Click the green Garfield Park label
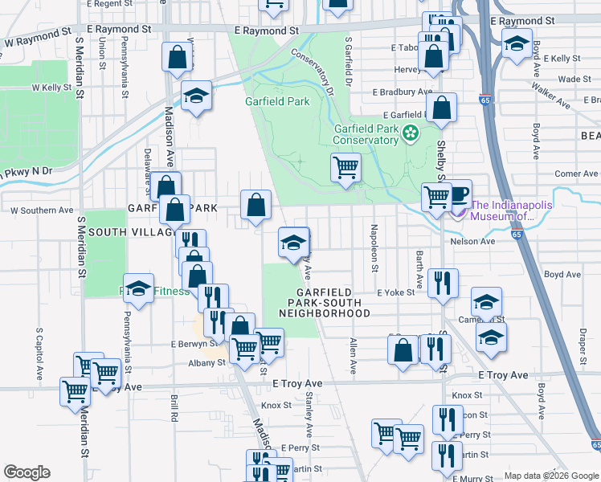coord(277,102)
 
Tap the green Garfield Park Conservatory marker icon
coord(412,133)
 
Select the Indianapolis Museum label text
coord(511,210)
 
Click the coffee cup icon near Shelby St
coord(458,194)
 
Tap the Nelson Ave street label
coord(474,241)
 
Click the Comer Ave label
coord(576,174)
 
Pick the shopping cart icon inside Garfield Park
coord(345,168)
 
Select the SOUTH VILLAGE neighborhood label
coord(131,232)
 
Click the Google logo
coord(27,472)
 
